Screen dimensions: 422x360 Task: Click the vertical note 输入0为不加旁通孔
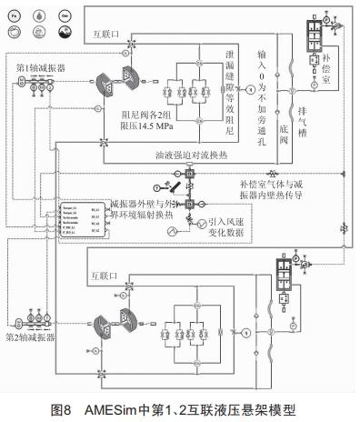click(264, 76)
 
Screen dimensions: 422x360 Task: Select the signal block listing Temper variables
click(83, 224)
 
